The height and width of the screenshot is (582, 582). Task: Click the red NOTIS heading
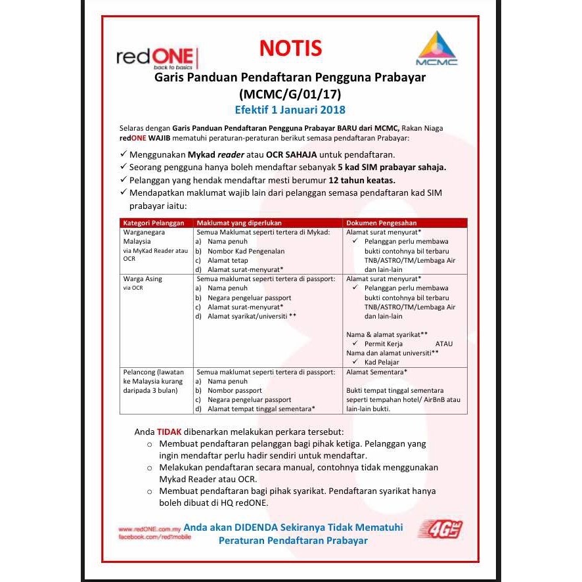(290, 49)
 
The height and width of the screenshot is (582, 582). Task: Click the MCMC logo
(436, 48)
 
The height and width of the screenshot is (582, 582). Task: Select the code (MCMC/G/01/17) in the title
(290, 93)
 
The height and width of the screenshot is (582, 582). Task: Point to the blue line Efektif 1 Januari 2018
(290, 110)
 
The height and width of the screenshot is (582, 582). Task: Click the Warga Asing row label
(143, 279)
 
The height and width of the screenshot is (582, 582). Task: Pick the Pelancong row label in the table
(155, 381)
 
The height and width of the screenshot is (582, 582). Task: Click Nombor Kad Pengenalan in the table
(246, 251)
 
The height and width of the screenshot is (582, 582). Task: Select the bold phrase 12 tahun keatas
(372, 179)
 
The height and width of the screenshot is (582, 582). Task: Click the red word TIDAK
(169, 432)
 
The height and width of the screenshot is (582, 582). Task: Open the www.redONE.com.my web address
(149, 529)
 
